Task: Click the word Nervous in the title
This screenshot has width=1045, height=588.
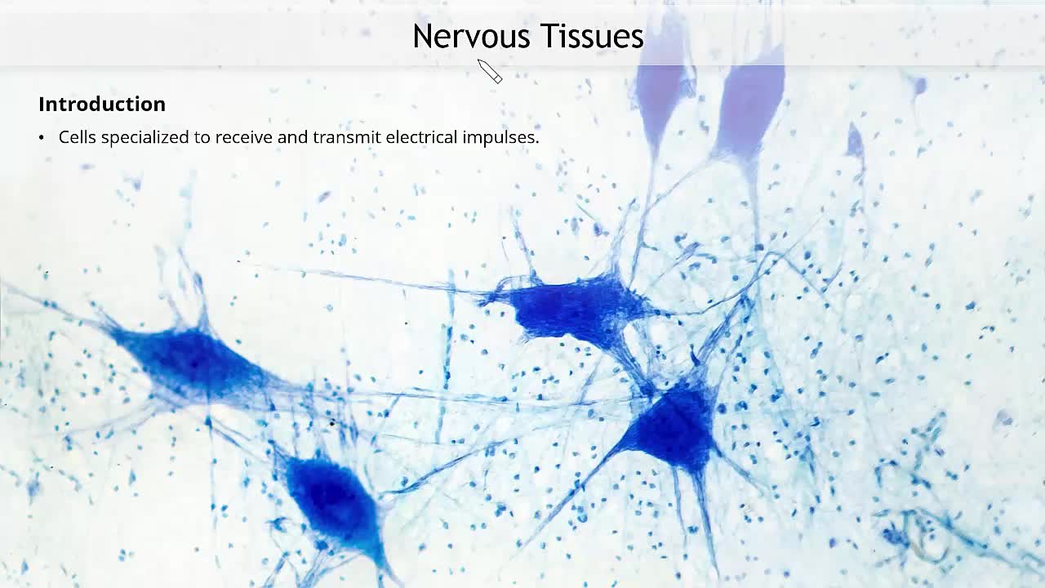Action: (x=472, y=36)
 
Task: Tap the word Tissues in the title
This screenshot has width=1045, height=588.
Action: (x=593, y=36)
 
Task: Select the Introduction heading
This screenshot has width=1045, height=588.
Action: (x=102, y=104)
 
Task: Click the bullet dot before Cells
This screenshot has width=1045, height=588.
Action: (x=42, y=138)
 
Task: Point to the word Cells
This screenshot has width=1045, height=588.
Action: (x=78, y=137)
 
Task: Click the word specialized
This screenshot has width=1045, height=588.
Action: (x=145, y=138)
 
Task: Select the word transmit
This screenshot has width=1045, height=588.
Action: (x=347, y=137)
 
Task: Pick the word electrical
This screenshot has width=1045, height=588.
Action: (x=422, y=137)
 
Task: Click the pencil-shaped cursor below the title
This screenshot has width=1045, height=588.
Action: (x=490, y=71)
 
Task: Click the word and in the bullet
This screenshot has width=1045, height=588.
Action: (x=292, y=137)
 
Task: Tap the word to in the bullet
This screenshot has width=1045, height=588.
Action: (x=202, y=138)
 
